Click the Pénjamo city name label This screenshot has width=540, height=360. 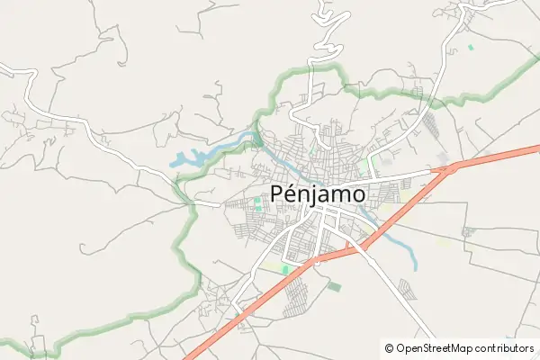[318, 193]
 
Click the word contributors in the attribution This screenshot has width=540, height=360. [505, 347]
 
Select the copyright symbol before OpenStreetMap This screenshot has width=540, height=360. [389, 347]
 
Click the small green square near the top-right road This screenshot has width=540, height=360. [470, 47]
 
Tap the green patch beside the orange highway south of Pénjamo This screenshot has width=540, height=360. [285, 268]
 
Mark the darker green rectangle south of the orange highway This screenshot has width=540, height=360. [335, 286]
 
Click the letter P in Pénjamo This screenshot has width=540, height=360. [279, 193]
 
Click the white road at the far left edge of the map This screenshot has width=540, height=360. [4, 67]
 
